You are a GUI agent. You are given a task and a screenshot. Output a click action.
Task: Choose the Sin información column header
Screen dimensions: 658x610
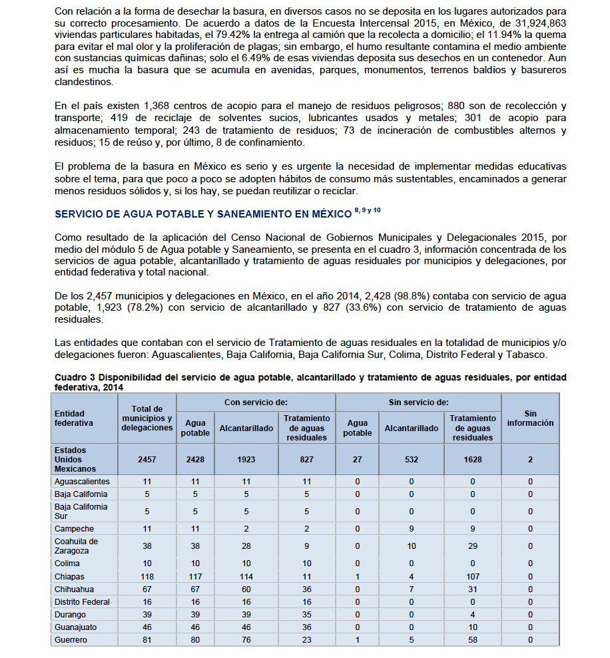(529, 418)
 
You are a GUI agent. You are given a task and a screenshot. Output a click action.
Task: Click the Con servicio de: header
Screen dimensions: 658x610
(256, 403)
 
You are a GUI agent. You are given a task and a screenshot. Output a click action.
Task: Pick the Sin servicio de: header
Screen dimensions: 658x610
(418, 403)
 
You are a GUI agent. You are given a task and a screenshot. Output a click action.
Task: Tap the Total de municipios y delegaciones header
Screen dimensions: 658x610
(147, 418)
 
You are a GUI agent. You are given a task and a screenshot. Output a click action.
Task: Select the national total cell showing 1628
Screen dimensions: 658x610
(473, 459)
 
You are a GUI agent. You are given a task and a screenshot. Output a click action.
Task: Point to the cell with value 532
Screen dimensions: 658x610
(412, 459)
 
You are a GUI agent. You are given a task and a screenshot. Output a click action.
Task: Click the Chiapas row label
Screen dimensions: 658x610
(70, 576)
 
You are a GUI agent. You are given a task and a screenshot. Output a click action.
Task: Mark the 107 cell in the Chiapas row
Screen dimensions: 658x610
(473, 576)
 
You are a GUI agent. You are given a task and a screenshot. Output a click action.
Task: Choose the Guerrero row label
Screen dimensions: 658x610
(71, 639)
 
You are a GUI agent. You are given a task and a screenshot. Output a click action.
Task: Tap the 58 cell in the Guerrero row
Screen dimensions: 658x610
(473, 639)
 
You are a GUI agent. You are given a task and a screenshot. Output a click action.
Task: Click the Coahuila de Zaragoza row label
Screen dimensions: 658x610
(76, 546)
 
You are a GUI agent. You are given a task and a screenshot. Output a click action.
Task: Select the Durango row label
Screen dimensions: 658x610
(71, 614)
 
